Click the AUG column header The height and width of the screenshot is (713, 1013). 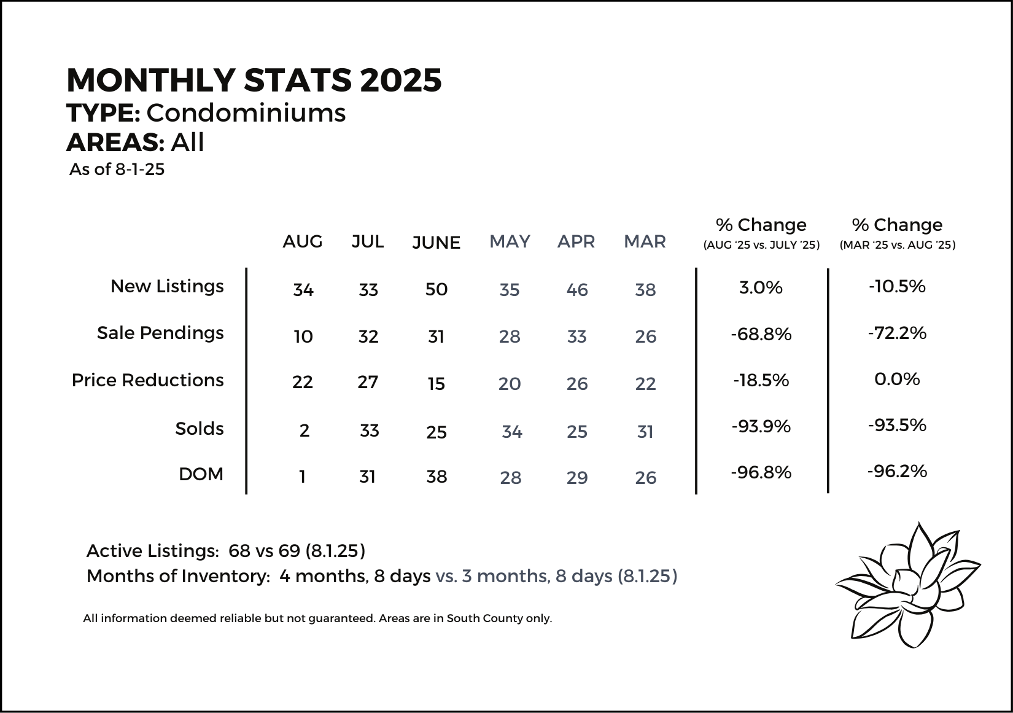coord(303,241)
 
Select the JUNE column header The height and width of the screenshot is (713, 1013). coord(437,243)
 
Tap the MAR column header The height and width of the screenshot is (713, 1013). coord(645,241)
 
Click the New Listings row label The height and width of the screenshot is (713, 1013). coord(168,286)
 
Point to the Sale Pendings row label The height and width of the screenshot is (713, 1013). coord(160,333)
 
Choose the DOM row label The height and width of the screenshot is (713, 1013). coord(201,474)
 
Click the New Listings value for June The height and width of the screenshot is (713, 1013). coord(437,289)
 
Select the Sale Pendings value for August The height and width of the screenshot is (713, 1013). coord(303,337)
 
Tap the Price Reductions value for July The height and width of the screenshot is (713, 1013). coord(368,382)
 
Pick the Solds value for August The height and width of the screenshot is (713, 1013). coord(305,431)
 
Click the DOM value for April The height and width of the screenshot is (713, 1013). coord(577,478)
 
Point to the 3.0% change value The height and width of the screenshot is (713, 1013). coord(761,288)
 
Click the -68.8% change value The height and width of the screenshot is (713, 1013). coord(761,334)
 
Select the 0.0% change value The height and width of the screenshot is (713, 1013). coord(897,379)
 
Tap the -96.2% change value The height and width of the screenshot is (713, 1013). coord(897,472)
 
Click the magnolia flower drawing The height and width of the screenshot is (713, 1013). coord(908,585)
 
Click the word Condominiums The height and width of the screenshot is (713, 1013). coord(246,112)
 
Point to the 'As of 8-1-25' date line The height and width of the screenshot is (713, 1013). coord(117,169)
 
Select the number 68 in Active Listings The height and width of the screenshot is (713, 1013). coord(239,551)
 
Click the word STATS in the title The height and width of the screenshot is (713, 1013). coord(298,80)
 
